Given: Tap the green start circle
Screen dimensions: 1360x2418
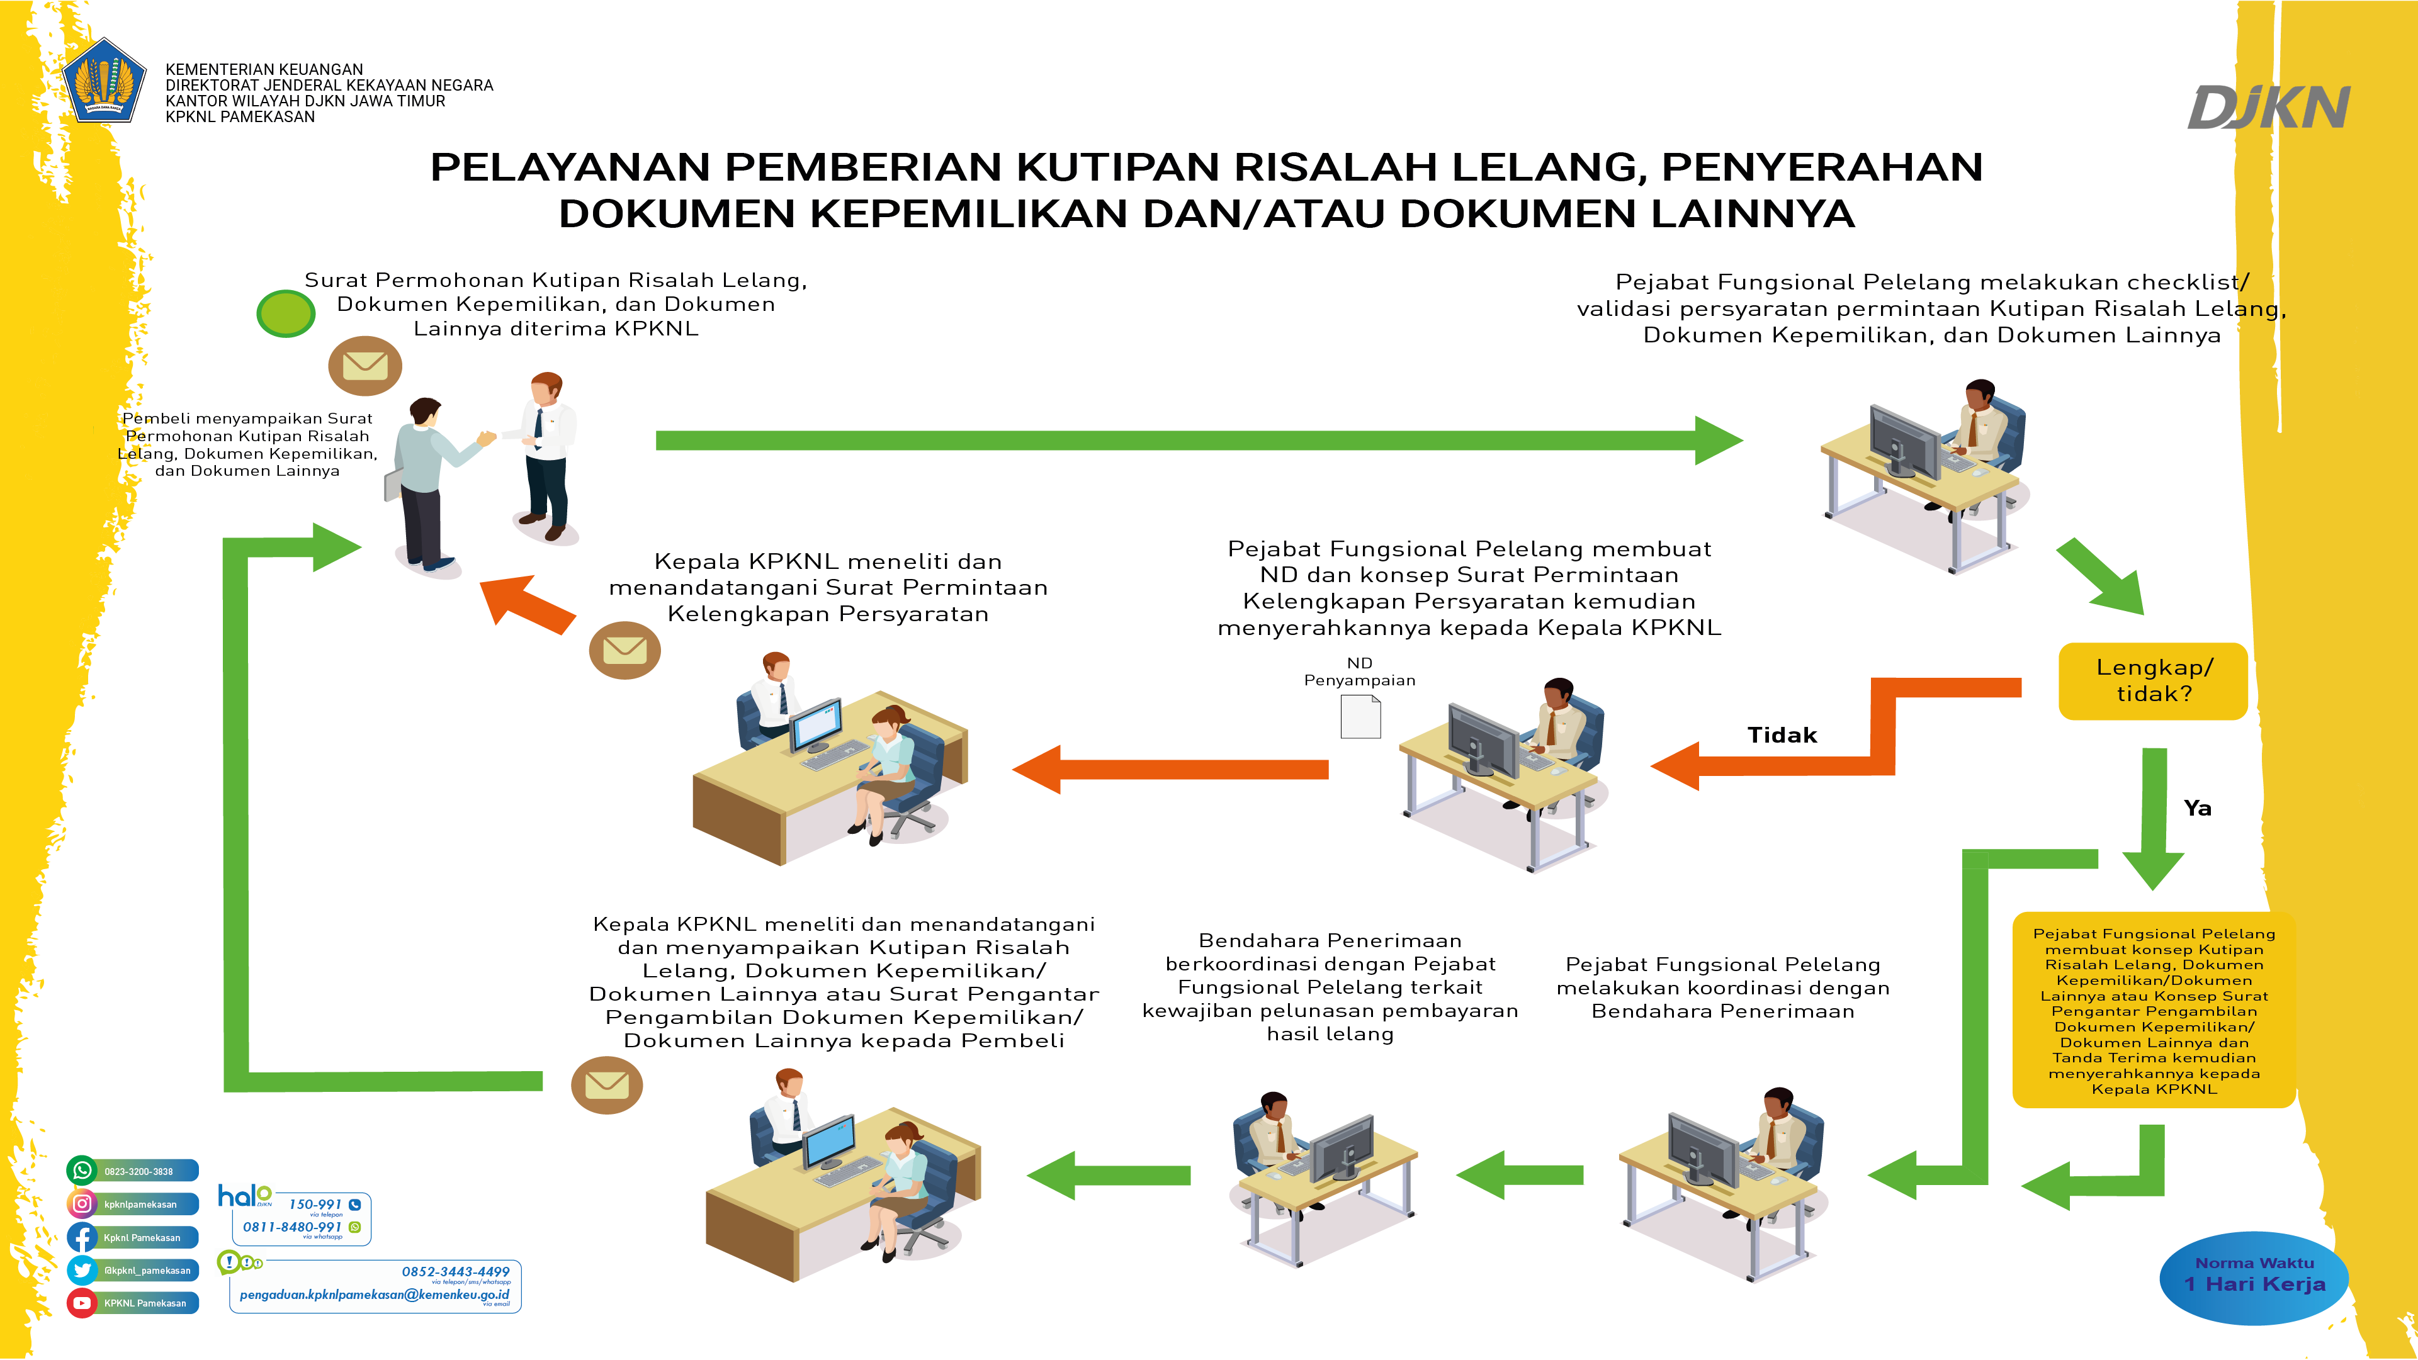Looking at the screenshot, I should coord(285,313).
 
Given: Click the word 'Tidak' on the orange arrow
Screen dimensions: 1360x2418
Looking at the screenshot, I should coord(1782,735).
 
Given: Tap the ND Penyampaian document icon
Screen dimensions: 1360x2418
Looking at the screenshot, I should coord(1360,716).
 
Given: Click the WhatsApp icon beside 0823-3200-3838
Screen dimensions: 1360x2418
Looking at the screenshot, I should coord(82,1171).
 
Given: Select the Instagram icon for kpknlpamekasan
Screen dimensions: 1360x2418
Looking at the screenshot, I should coord(82,1203).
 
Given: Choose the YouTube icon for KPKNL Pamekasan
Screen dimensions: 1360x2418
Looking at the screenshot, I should coord(82,1303).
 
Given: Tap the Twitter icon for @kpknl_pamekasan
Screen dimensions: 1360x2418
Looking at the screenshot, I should coord(82,1270).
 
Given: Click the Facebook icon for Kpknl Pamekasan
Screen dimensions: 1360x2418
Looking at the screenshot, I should coord(82,1237).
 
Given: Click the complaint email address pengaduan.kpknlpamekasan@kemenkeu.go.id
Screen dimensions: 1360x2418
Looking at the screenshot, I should coord(373,1295).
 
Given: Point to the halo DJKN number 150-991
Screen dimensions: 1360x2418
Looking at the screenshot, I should coord(315,1204).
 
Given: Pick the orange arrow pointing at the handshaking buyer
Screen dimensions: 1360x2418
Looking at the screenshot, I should coord(528,604).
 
